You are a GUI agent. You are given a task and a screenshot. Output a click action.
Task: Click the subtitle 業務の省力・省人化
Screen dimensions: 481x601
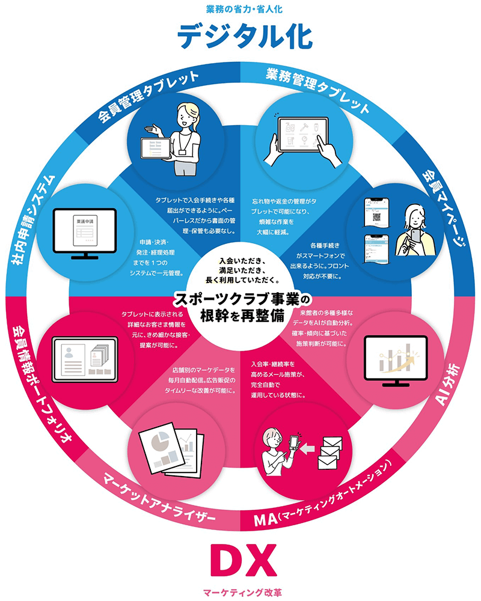coord(244,9)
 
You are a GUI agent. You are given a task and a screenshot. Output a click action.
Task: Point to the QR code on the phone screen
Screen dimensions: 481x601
coord(376,216)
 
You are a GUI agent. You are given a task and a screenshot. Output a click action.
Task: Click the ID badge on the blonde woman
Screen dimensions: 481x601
coord(182,152)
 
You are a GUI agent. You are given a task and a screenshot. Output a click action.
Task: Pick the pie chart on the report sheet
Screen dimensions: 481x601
coord(161,441)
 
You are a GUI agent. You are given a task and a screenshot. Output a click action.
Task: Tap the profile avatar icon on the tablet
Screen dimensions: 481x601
coord(69,353)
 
